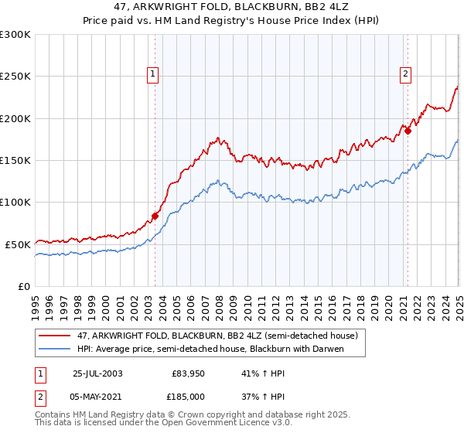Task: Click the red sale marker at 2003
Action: pyautogui.click(x=155, y=216)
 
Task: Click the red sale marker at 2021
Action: pyautogui.click(x=407, y=131)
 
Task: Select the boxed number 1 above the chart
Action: pyautogui.click(x=152, y=74)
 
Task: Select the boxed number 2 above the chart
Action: pyautogui.click(x=405, y=74)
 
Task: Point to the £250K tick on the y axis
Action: pyautogui.click(x=15, y=77)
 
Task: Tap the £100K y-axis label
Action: pyautogui.click(x=15, y=203)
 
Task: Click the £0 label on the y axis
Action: pyautogui.click(x=23, y=286)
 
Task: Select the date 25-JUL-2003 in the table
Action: pyautogui.click(x=97, y=373)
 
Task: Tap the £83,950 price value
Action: pyautogui.click(x=188, y=373)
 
